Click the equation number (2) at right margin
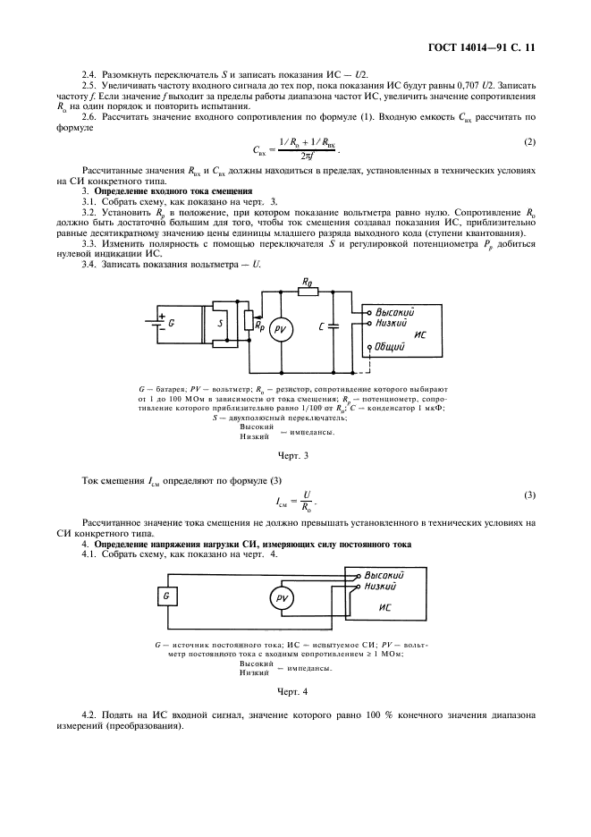(x=528, y=142)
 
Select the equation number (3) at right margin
(x=528, y=495)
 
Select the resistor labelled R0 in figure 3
(x=307, y=291)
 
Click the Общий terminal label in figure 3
(x=391, y=344)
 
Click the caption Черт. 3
(x=293, y=456)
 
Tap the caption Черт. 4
(x=293, y=691)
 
